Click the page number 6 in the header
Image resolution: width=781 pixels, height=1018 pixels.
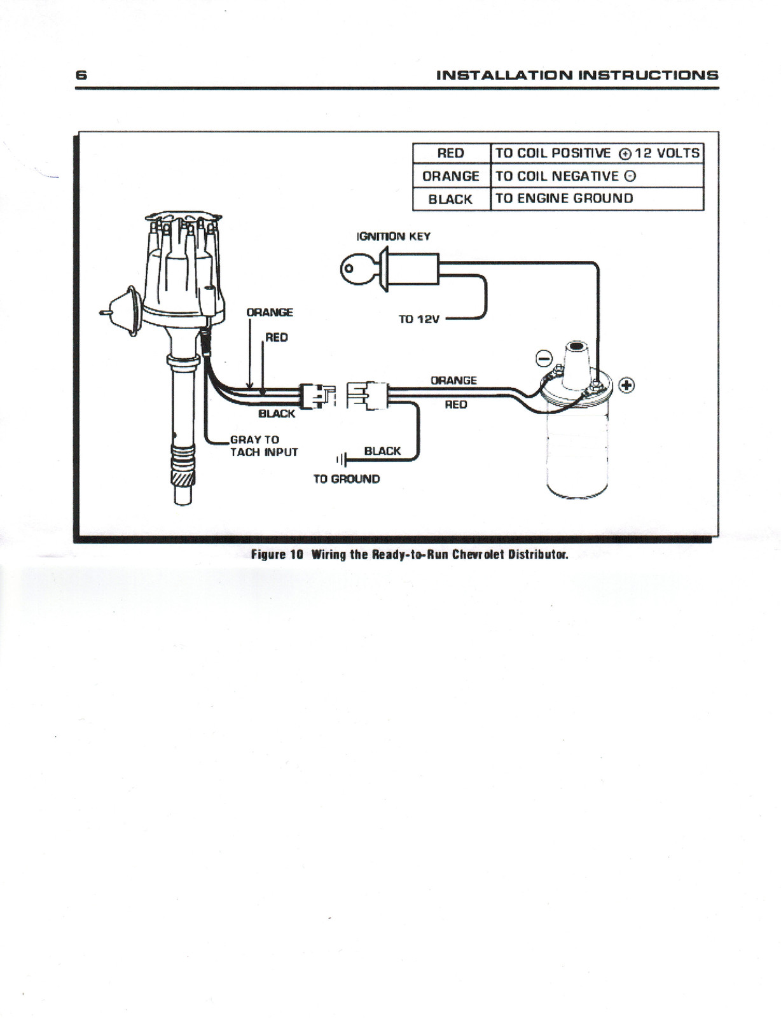pos(81,74)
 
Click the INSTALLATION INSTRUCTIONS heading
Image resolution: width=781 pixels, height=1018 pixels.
pos(577,75)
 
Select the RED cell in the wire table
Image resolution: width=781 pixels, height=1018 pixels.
pos(451,153)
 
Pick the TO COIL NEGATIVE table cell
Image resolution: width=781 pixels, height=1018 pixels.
pos(565,176)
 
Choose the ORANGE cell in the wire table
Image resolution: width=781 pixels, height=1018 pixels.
pos(451,176)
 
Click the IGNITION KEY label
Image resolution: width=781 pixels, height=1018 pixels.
pos(393,237)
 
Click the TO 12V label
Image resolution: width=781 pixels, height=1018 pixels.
pos(418,319)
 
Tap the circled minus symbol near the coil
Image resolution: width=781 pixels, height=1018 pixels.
pos(544,359)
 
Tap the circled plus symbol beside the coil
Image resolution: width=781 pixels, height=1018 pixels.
pos(626,386)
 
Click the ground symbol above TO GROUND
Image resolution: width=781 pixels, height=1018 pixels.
pos(342,459)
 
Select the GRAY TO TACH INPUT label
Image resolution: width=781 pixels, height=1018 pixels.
pos(263,446)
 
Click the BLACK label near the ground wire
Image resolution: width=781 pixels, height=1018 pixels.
pos(382,451)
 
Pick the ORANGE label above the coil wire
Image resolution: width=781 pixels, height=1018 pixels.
pos(453,380)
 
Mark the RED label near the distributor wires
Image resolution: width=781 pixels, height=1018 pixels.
pos(276,337)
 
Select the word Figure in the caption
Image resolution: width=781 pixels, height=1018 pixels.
pos(268,554)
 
